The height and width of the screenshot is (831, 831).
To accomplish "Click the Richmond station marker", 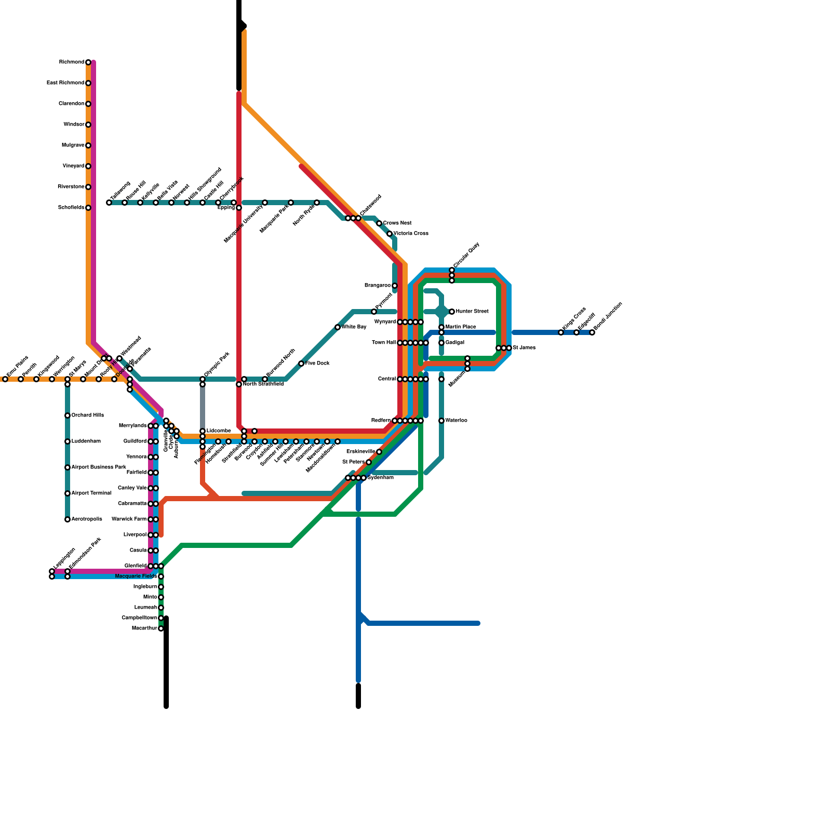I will (x=88, y=62).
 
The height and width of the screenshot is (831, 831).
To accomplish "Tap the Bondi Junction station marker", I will (x=592, y=332).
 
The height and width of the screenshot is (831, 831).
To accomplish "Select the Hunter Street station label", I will (x=472, y=312).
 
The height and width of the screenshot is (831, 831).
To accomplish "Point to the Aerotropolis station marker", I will (x=68, y=519).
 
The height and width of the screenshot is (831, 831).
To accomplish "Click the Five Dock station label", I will (x=317, y=364).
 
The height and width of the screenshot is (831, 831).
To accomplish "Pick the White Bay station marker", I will (x=338, y=327).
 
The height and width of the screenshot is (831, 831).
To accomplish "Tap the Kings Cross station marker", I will (x=561, y=332).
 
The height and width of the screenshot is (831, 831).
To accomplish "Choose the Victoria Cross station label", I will (x=411, y=234).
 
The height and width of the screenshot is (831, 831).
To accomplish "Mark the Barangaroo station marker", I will (x=395, y=286).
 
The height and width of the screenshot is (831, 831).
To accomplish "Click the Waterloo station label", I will (x=457, y=421).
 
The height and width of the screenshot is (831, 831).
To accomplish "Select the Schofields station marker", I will (x=88, y=208).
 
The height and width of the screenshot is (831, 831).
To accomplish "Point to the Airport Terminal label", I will (x=91, y=493).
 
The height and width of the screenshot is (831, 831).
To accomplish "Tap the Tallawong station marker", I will (x=109, y=203).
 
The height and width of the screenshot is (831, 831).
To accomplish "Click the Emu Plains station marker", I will (x=5, y=379).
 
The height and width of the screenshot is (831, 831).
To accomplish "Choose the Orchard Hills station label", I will (x=88, y=415).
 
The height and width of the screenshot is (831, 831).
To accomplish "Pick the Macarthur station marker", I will (x=161, y=628).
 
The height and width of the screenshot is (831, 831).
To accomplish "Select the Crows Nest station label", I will (x=397, y=223).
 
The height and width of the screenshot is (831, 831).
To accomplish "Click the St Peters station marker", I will (x=369, y=462).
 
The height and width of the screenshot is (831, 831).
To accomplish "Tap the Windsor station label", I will (x=74, y=125).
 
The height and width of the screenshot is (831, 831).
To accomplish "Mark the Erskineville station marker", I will (x=379, y=452).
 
